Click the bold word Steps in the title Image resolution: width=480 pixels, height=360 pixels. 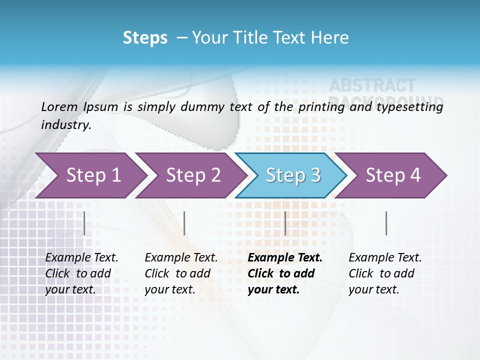(145, 38)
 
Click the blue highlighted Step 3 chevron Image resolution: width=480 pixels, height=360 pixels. (293, 175)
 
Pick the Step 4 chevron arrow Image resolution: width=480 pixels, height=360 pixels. (393, 175)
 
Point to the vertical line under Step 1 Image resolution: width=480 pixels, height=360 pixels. (84, 223)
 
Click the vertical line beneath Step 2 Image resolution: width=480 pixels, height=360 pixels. (184, 223)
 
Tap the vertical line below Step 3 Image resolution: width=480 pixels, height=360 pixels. (285, 223)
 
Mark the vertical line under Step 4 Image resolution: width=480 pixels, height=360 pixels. (386, 223)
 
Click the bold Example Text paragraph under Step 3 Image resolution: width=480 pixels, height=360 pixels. (285, 273)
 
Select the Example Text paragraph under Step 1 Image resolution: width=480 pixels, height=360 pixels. (81, 273)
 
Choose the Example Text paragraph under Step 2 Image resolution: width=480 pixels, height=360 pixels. (181, 273)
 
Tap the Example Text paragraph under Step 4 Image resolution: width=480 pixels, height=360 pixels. (385, 273)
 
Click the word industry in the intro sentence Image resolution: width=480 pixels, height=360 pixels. (65, 124)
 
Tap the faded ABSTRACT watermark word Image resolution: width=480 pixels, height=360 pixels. (372, 85)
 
